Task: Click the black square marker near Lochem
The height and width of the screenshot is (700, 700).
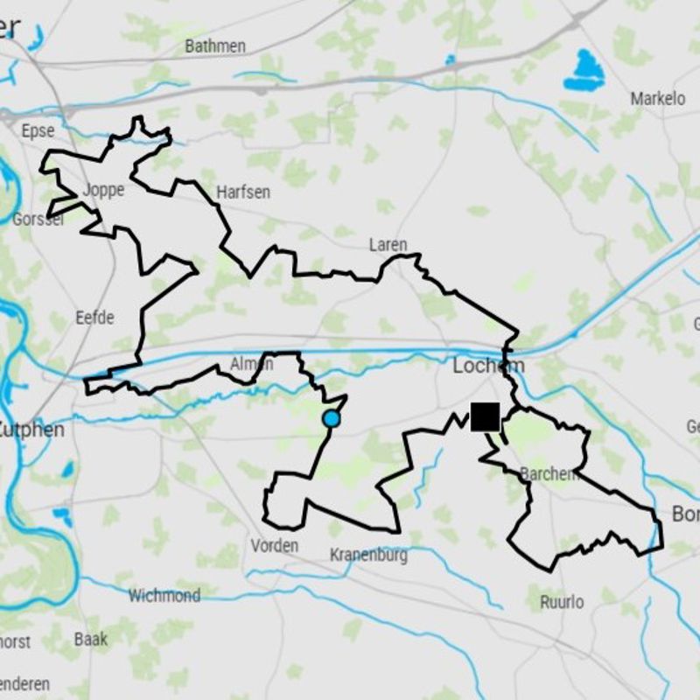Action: pyautogui.click(x=485, y=416)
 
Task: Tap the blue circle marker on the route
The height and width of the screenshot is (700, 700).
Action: pyautogui.click(x=331, y=419)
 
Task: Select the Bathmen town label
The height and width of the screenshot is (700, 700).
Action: pyautogui.click(x=214, y=45)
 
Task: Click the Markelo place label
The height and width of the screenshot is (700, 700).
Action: pyautogui.click(x=658, y=99)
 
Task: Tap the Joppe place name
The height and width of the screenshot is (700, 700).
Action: pyautogui.click(x=103, y=189)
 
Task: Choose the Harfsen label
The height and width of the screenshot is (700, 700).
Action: pyautogui.click(x=242, y=191)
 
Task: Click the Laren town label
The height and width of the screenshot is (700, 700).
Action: pyautogui.click(x=388, y=244)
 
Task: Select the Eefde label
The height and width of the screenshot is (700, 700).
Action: pyautogui.click(x=94, y=317)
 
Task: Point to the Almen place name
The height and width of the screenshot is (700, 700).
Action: pyautogui.click(x=251, y=363)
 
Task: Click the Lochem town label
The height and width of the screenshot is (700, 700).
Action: pyautogui.click(x=488, y=366)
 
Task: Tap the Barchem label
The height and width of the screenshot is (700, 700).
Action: pyautogui.click(x=549, y=473)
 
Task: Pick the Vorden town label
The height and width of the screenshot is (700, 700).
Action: pyautogui.click(x=274, y=545)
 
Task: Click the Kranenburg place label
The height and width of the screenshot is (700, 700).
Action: pyautogui.click(x=368, y=555)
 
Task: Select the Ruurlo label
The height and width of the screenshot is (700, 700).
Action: pyautogui.click(x=562, y=601)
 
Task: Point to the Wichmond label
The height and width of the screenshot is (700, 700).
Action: pyautogui.click(x=164, y=596)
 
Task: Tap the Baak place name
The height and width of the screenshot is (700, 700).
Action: pyautogui.click(x=91, y=639)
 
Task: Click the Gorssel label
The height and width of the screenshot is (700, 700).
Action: pyautogui.click(x=38, y=219)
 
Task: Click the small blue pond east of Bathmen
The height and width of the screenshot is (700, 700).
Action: pyautogui.click(x=450, y=59)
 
